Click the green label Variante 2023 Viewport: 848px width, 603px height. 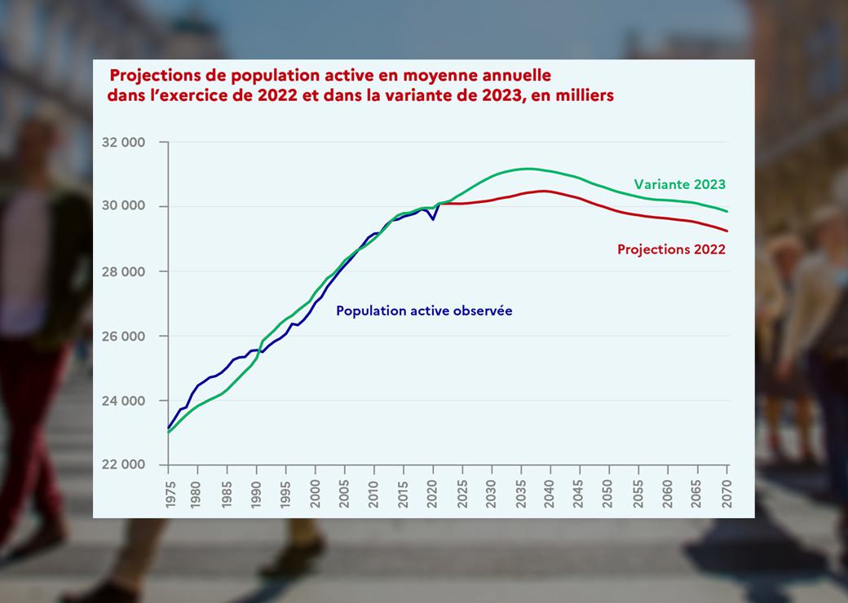coord(679,184)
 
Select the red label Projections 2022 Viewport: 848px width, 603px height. coord(671,249)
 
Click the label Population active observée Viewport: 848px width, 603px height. coord(424,310)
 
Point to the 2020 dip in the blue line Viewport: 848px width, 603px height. coord(433,219)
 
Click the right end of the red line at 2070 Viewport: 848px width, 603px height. coord(727,231)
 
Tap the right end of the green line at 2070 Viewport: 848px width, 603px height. coord(727,212)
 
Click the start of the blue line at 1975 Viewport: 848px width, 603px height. coord(169,427)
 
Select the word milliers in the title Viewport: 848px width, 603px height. coord(585,95)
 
